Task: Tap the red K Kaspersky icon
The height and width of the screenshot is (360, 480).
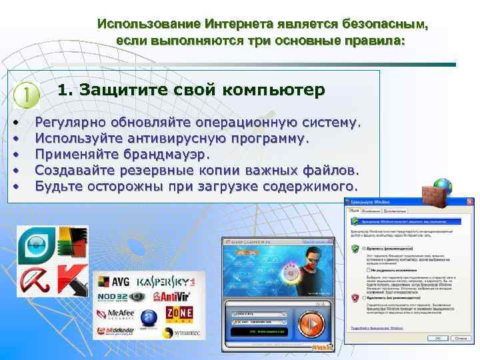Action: tap(70, 279)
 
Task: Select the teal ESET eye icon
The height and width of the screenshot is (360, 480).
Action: tap(33, 244)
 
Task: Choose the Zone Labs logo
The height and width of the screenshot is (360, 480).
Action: tap(179, 313)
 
